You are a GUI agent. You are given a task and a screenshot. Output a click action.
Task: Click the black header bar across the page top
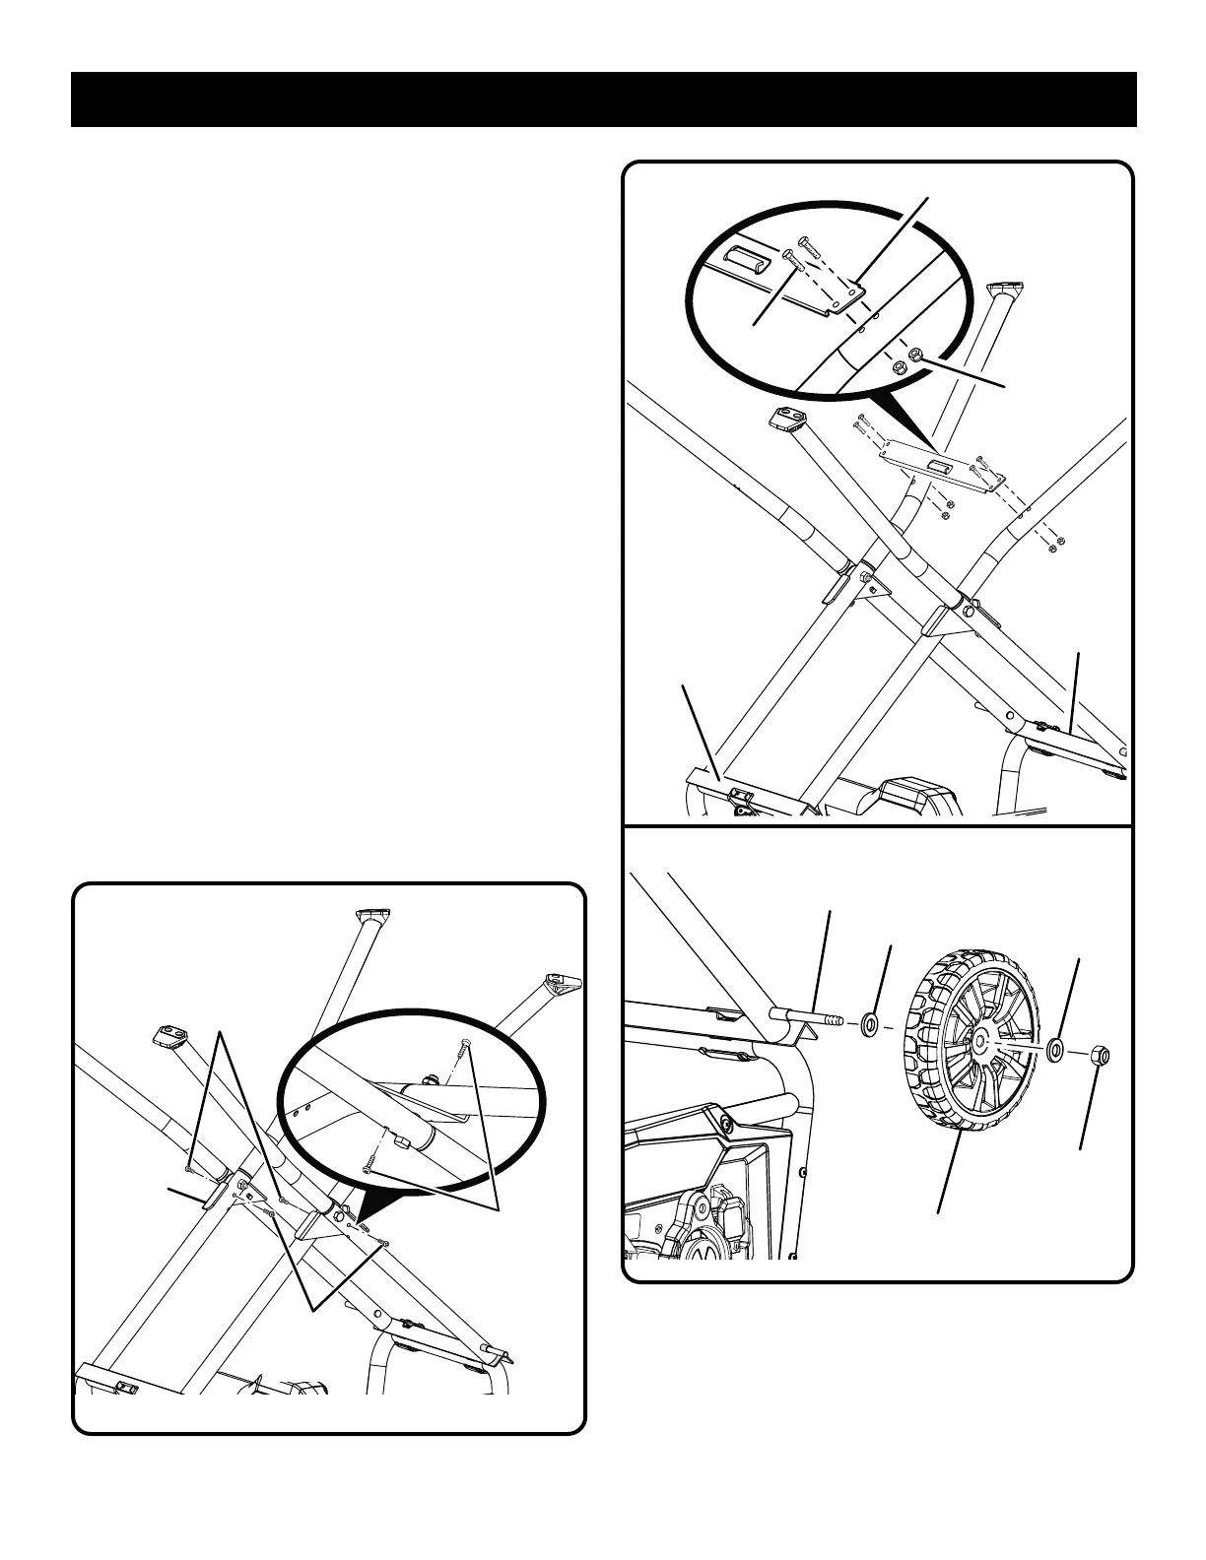603,99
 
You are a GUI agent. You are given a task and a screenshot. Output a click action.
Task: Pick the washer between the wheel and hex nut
1055,1049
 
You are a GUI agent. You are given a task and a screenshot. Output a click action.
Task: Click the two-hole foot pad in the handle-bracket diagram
789,418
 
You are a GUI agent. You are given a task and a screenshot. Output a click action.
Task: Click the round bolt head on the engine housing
726,1123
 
